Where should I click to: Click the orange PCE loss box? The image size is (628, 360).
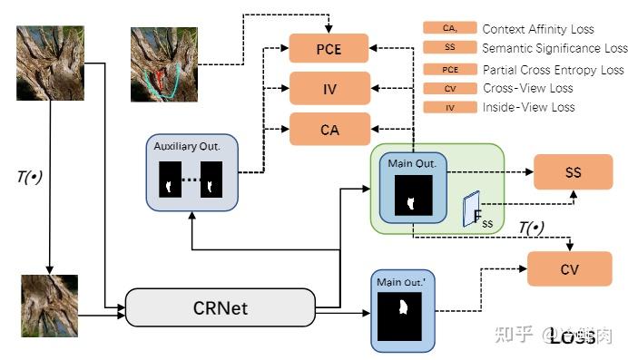[329, 49]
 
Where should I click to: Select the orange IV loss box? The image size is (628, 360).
[329, 89]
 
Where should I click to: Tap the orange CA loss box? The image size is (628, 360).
[329, 129]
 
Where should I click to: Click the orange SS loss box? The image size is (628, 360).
[573, 171]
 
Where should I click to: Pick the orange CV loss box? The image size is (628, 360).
[568, 269]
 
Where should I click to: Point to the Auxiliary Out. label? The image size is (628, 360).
[191, 145]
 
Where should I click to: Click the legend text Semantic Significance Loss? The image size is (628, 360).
[554, 49]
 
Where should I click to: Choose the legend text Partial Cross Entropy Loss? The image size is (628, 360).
[553, 70]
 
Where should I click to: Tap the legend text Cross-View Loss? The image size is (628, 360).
[527, 89]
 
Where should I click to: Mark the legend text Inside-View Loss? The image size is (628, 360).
[528, 107]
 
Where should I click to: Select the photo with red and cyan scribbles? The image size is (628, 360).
[164, 63]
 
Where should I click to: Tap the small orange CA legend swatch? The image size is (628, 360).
[449, 29]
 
